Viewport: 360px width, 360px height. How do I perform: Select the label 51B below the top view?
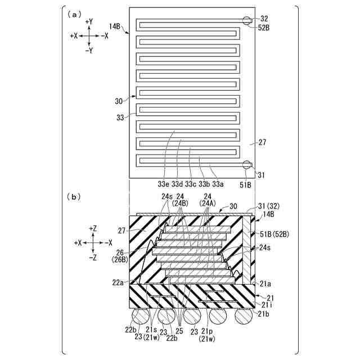pos(246,183)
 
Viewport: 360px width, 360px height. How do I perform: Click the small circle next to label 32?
pos(247,21)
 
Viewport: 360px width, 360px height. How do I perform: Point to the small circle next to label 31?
pos(247,165)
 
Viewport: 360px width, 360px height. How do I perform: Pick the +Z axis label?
pos(93,228)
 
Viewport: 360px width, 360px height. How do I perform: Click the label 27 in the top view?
pos(262,143)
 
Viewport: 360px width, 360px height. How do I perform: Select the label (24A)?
pos(208,203)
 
